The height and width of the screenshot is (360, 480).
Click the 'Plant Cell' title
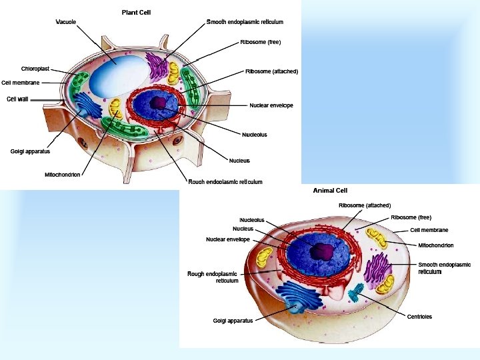pyautogui.click(x=136, y=12)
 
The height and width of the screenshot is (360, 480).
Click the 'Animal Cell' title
pyautogui.click(x=330, y=191)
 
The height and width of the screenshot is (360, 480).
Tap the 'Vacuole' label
pyautogui.click(x=65, y=22)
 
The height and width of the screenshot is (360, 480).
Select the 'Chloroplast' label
pyautogui.click(x=34, y=69)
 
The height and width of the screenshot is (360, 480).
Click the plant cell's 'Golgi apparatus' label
pyautogui.click(x=30, y=151)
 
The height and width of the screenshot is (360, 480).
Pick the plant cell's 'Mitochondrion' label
pyautogui.click(x=62, y=175)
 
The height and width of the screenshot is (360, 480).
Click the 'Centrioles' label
pyautogui.click(x=419, y=317)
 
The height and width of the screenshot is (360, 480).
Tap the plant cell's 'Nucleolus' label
pyautogui.click(x=254, y=135)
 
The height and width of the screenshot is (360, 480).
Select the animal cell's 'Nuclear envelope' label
pyautogui.click(x=227, y=239)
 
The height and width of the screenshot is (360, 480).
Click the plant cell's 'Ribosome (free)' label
pyautogui.click(x=261, y=42)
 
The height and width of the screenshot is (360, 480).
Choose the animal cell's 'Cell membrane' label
pyautogui.click(x=429, y=230)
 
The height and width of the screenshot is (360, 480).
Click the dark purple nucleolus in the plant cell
pyautogui.click(x=159, y=103)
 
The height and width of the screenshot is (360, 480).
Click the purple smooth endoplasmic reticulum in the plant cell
pyautogui.click(x=158, y=67)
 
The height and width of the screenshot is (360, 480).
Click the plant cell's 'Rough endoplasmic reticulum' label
pyautogui.click(x=225, y=182)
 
